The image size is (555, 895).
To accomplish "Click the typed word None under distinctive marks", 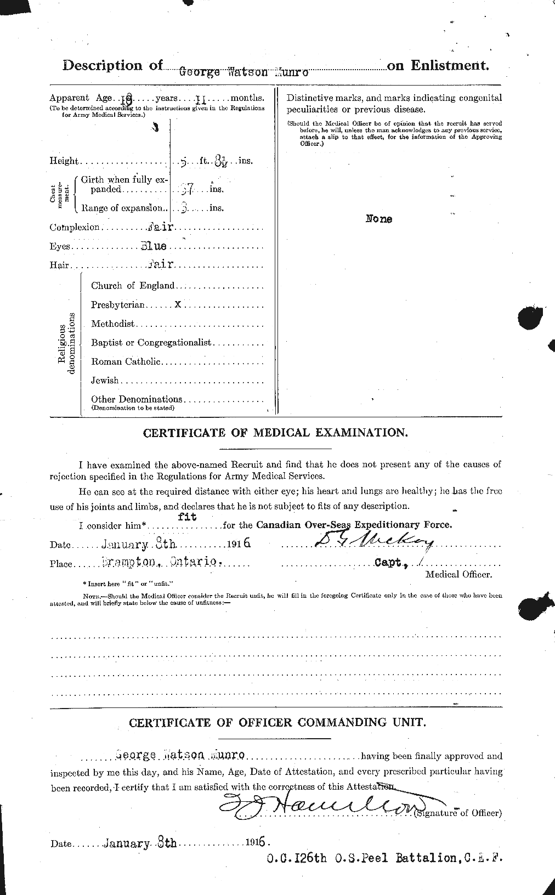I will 379,219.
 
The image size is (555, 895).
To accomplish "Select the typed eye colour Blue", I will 154,246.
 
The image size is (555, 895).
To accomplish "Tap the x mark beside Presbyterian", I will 178,303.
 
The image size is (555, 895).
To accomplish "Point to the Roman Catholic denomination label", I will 126,361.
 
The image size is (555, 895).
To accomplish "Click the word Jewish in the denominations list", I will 105,380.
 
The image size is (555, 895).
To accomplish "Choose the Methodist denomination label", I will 113,324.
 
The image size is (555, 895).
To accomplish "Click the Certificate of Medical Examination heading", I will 275,433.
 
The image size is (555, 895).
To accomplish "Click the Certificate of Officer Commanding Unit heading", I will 277,722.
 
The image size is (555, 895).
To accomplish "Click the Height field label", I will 64,161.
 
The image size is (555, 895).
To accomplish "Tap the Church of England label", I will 133,285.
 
